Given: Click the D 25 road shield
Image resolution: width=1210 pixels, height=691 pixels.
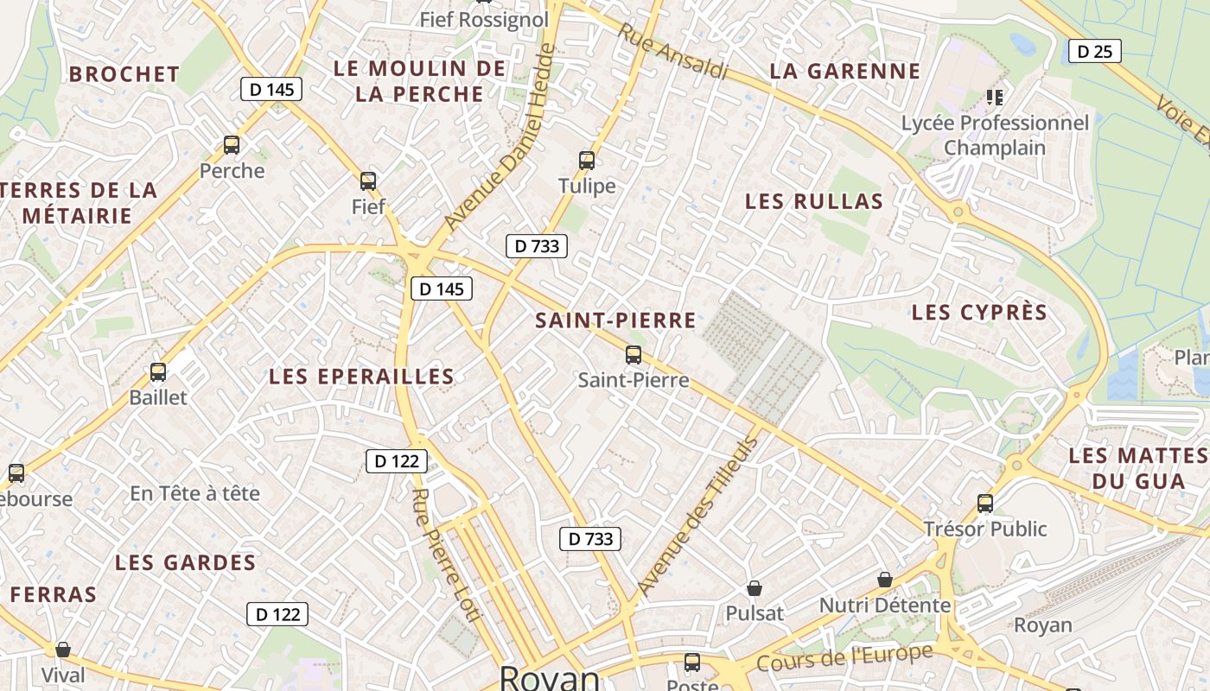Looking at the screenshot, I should [1095, 52].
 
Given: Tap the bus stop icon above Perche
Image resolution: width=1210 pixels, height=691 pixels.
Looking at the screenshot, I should [231, 144].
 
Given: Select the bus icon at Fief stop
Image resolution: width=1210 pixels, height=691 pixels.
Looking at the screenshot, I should [368, 181].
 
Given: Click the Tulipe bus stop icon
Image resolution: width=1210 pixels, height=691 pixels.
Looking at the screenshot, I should [587, 160].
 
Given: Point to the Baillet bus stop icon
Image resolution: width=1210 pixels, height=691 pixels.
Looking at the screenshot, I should [158, 372].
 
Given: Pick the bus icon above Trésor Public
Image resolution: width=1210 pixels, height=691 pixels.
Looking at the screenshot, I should [985, 503].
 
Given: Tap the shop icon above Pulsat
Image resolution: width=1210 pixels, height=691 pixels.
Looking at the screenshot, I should [755, 588].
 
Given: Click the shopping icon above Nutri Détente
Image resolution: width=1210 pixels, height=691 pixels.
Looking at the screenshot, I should [885, 580].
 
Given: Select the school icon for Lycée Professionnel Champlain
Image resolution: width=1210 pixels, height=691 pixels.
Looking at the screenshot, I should [995, 97].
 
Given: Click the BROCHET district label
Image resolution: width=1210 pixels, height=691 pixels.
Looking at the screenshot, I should [124, 74].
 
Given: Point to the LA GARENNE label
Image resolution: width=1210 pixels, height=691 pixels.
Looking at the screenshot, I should [845, 72].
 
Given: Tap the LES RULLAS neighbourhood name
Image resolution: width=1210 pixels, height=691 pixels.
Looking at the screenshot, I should [814, 202].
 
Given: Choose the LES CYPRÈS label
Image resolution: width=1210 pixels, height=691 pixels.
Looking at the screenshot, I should [979, 313].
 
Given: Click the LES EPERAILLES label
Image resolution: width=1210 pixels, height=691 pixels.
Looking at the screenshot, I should [361, 377].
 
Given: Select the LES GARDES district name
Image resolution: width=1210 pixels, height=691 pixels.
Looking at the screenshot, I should [186, 563].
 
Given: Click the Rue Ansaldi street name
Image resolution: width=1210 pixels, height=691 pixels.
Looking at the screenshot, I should [673, 51].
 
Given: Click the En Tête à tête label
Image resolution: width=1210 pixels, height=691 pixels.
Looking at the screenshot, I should [194, 493].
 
